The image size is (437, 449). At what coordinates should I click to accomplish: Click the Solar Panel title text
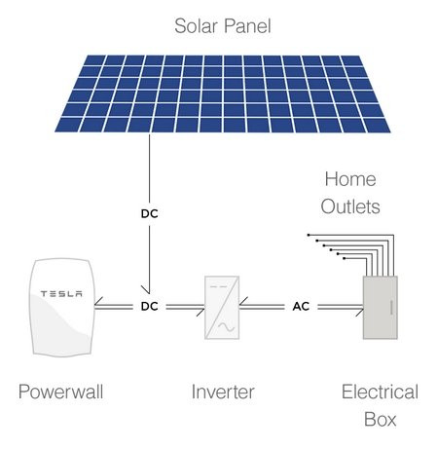(x=223, y=26)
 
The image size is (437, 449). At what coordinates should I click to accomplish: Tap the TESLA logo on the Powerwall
(x=61, y=294)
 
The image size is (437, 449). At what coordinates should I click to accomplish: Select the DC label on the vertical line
(x=150, y=213)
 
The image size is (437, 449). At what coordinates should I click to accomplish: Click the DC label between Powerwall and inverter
(x=150, y=306)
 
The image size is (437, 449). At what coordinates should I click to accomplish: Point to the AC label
(x=301, y=306)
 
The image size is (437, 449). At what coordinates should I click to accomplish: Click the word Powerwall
(x=61, y=392)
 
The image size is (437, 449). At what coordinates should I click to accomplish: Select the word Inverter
(x=223, y=392)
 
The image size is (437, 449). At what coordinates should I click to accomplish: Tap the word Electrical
(x=380, y=392)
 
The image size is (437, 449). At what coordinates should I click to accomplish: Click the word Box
(x=380, y=419)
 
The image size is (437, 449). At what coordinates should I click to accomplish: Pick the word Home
(x=350, y=179)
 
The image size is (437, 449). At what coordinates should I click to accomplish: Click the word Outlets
(x=350, y=206)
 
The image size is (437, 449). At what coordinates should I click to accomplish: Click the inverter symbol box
(x=222, y=308)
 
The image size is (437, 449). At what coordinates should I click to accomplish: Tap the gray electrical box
(x=380, y=308)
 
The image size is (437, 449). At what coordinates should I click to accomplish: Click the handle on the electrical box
(x=391, y=308)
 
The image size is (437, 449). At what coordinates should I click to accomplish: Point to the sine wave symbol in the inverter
(x=226, y=327)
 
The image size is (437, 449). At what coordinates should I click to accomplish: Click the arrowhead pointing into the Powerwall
(x=98, y=304)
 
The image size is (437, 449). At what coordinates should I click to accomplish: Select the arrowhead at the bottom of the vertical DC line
(x=146, y=289)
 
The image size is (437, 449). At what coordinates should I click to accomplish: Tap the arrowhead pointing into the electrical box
(x=359, y=310)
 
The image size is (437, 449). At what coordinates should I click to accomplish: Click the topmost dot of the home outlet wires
(x=309, y=235)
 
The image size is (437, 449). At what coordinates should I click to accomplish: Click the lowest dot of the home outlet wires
(x=345, y=258)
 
